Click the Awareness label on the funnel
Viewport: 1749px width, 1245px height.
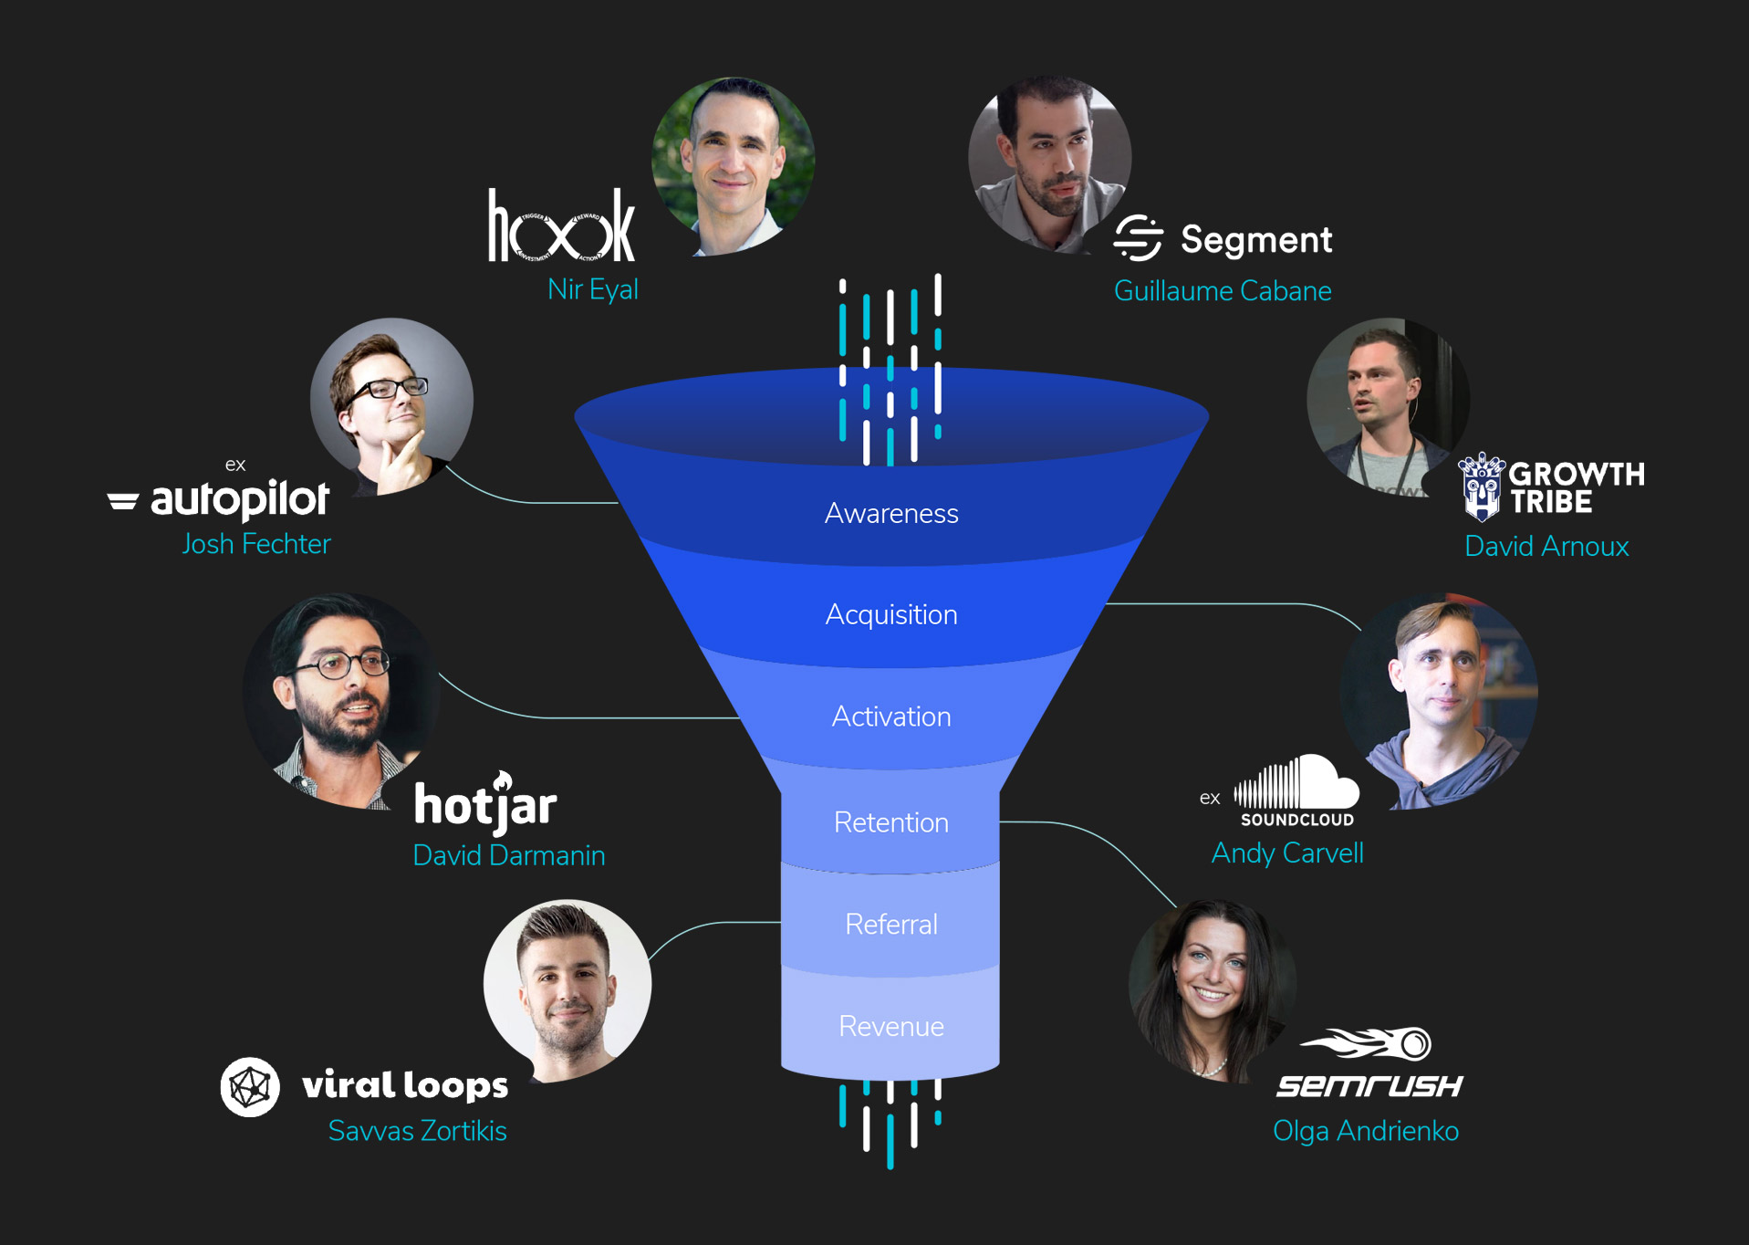[891, 514]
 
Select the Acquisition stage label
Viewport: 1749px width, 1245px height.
[891, 615]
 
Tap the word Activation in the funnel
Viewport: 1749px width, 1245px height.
[891, 717]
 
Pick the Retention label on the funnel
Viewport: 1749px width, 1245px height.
[891, 822]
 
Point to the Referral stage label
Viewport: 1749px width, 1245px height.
[891, 925]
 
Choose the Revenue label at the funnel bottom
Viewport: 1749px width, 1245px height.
[891, 1027]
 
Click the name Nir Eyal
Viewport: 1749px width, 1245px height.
[592, 289]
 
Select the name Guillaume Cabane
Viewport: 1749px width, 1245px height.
[1223, 291]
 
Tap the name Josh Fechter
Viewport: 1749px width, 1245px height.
[256, 544]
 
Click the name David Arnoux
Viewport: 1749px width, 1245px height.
[1546, 546]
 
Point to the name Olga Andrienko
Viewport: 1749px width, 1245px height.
[1366, 1131]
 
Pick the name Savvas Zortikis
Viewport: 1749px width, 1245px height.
[417, 1131]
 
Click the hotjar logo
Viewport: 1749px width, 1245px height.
[485, 804]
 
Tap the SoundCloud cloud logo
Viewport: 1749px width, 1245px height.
[1296, 783]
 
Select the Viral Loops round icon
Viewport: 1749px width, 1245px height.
[250, 1086]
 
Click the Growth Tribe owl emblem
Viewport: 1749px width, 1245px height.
[1482, 486]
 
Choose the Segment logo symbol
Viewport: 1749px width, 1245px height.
[1139, 238]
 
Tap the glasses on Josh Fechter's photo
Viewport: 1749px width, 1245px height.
[387, 389]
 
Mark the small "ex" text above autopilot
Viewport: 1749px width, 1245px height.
[235, 466]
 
